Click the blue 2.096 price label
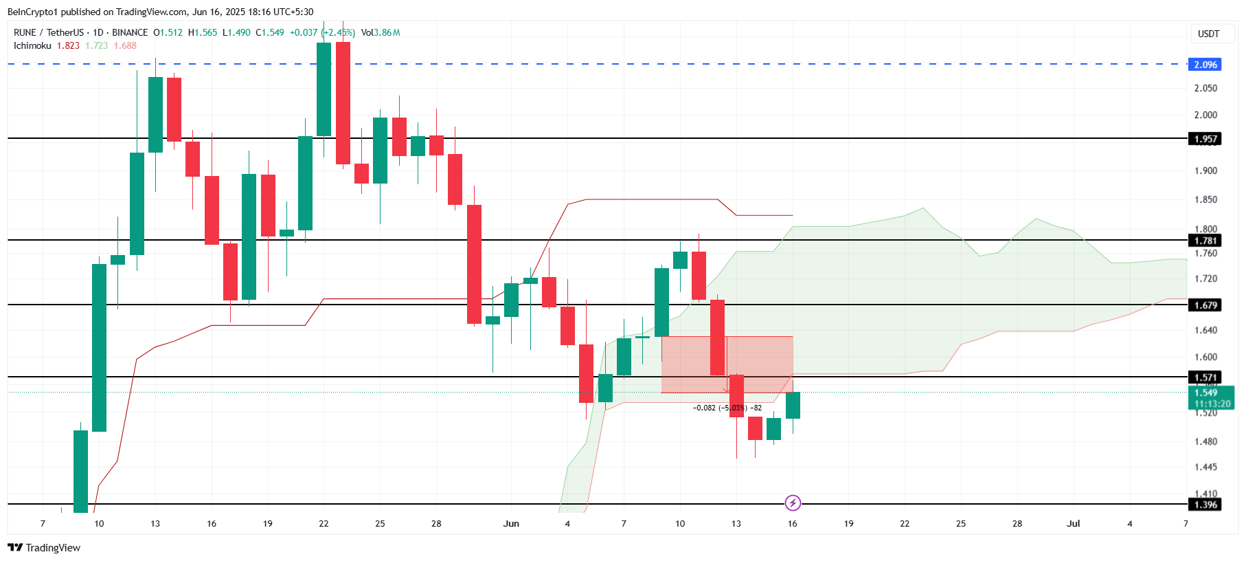click(x=1205, y=65)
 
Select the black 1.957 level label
click(x=1205, y=139)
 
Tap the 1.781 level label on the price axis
click(x=1205, y=241)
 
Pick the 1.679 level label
click(x=1205, y=305)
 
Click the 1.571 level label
click(x=1205, y=377)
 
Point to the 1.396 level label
click(x=1205, y=505)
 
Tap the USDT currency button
click(x=1208, y=34)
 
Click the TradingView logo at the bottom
click(x=44, y=547)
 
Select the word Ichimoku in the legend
click(x=32, y=45)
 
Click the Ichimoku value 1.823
click(x=68, y=45)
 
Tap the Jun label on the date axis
click(x=511, y=523)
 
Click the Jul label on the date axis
click(x=1073, y=523)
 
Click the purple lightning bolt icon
click(x=793, y=503)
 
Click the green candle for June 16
click(x=793, y=406)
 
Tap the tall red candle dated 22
click(x=343, y=103)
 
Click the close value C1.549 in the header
click(x=270, y=32)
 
